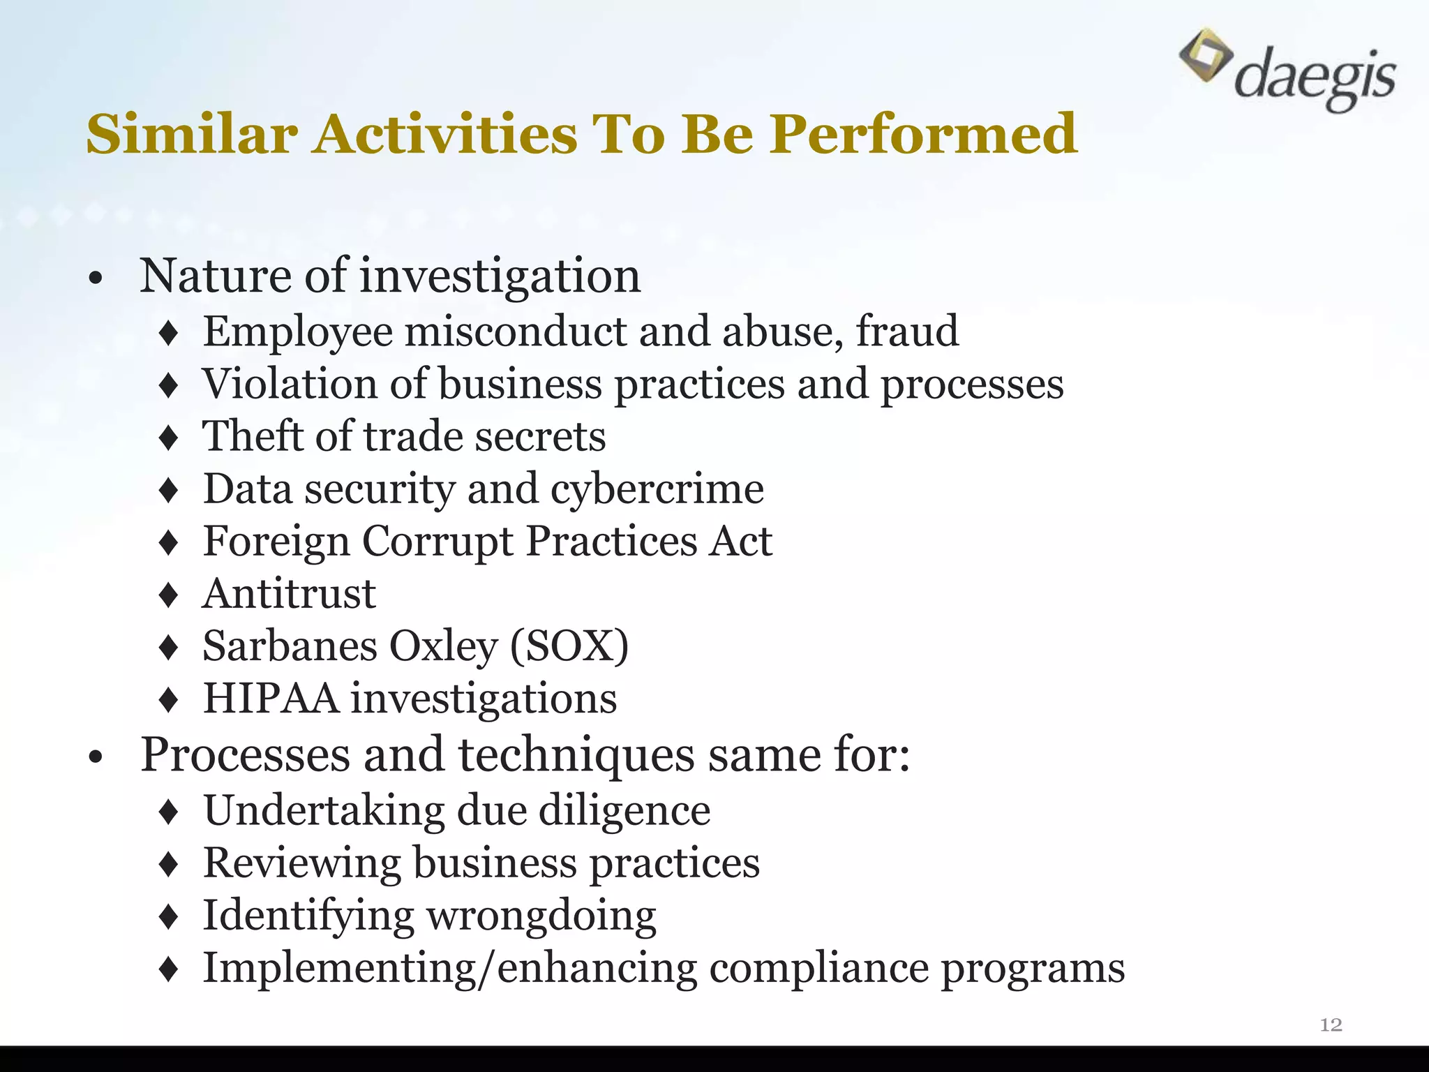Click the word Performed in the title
click(x=924, y=133)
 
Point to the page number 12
click(x=1331, y=1025)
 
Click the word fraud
click(x=907, y=331)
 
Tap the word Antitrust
click(x=289, y=594)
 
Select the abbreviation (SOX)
click(x=569, y=646)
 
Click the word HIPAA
click(x=271, y=699)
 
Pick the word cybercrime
click(x=657, y=489)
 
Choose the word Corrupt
click(x=437, y=541)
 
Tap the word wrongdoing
click(x=541, y=916)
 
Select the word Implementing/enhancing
click(x=450, y=969)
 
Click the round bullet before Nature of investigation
click(x=96, y=279)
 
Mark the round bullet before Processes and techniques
click(x=96, y=757)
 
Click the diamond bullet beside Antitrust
click(x=169, y=595)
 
